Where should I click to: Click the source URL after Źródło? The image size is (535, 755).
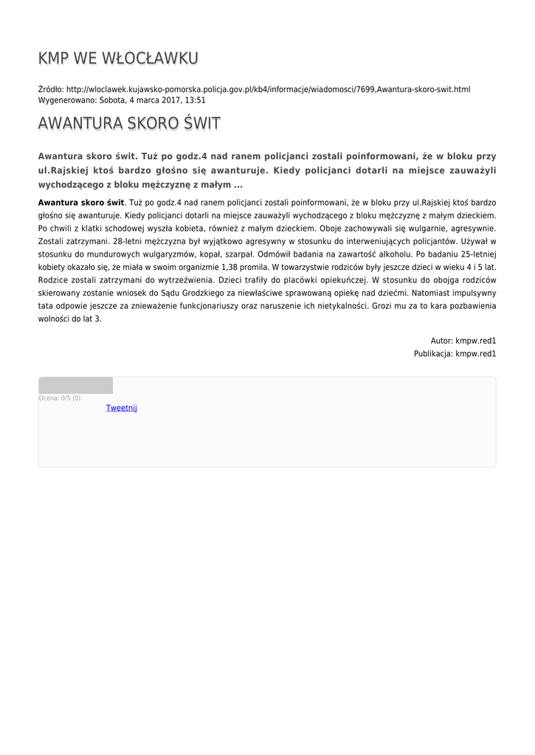(268, 89)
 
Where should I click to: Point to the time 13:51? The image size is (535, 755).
(195, 100)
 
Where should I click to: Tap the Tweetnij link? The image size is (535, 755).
(121, 408)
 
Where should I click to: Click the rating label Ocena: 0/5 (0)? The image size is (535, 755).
(60, 398)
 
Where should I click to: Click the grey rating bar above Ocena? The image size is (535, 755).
(75, 385)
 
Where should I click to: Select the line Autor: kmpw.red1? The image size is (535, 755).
(463, 341)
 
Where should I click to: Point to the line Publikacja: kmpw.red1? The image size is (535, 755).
(455, 354)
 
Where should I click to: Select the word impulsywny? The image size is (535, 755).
(472, 293)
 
